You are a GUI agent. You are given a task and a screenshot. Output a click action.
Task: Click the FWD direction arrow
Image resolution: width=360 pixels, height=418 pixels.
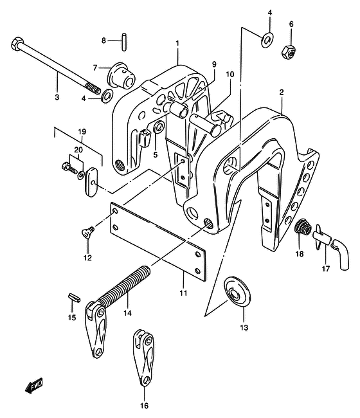click(x=34, y=385)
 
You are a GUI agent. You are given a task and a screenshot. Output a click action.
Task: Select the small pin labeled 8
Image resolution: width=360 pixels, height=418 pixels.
click(x=124, y=42)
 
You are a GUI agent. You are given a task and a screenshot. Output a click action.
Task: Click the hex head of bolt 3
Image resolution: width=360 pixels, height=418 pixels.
click(x=17, y=44)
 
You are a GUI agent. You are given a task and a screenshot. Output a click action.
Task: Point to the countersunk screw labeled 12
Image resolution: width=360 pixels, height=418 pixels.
click(x=88, y=231)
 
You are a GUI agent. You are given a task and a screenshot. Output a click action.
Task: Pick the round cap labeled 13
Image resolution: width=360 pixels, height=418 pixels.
click(x=238, y=291)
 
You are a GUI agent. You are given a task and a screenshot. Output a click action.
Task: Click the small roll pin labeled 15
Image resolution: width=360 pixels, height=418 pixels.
click(x=75, y=298)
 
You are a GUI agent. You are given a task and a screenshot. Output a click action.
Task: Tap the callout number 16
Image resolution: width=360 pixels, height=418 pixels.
click(x=144, y=406)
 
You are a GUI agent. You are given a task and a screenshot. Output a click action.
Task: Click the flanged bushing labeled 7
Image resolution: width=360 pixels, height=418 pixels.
click(x=122, y=75)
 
